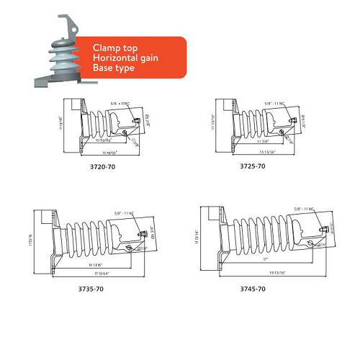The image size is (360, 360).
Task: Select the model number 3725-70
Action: [253, 166]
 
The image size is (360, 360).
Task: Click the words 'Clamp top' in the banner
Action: [112, 48]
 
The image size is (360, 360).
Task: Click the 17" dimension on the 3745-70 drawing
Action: [266, 258]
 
